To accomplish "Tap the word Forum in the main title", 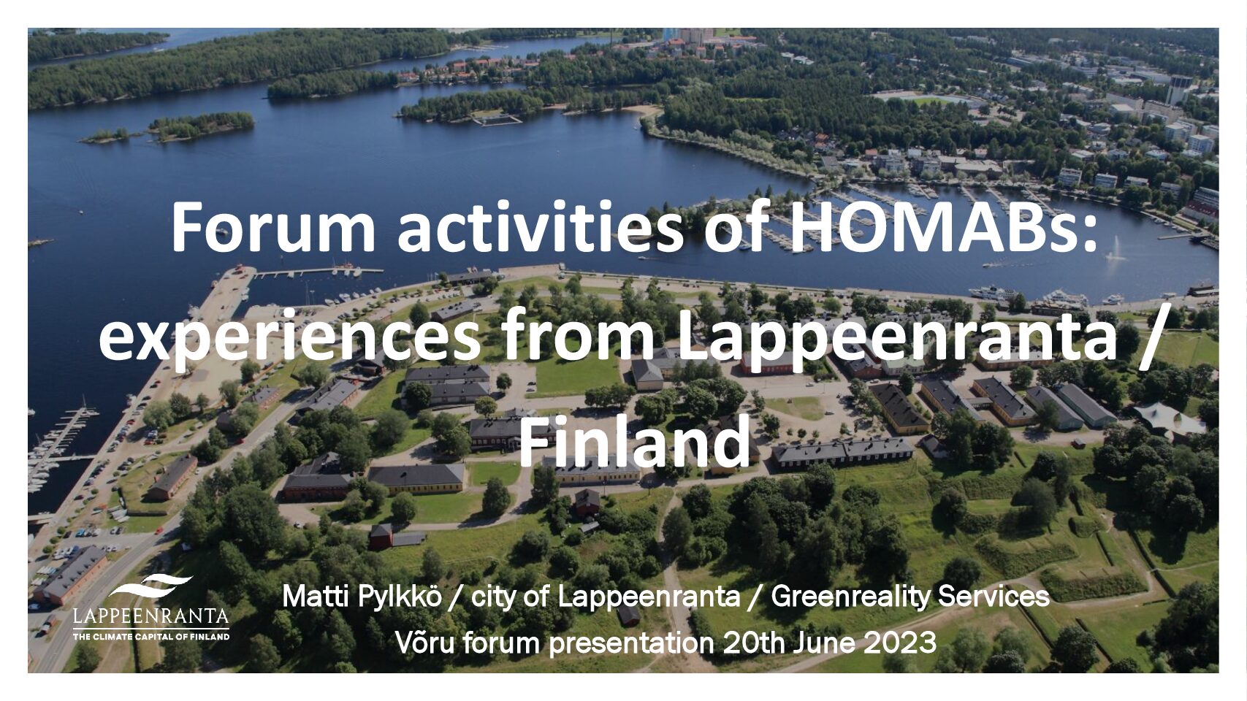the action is click(273, 227).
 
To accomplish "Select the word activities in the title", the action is click(540, 227).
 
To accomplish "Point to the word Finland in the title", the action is click(635, 443).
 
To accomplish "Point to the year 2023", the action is click(899, 643).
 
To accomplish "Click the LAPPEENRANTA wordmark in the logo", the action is click(151, 616).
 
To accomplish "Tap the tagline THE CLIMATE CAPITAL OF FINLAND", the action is click(151, 636).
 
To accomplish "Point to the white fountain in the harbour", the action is click(1115, 249).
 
